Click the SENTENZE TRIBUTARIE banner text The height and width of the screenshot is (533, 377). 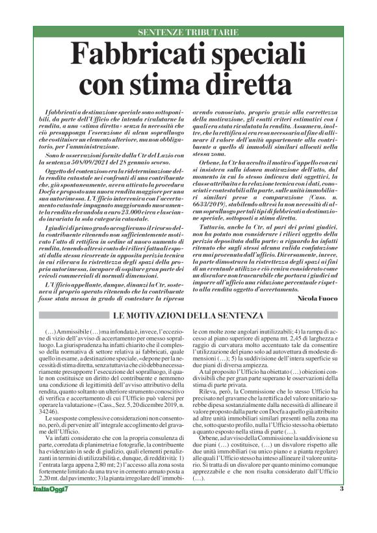point(188,32)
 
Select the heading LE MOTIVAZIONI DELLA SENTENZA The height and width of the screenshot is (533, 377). point(188,316)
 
